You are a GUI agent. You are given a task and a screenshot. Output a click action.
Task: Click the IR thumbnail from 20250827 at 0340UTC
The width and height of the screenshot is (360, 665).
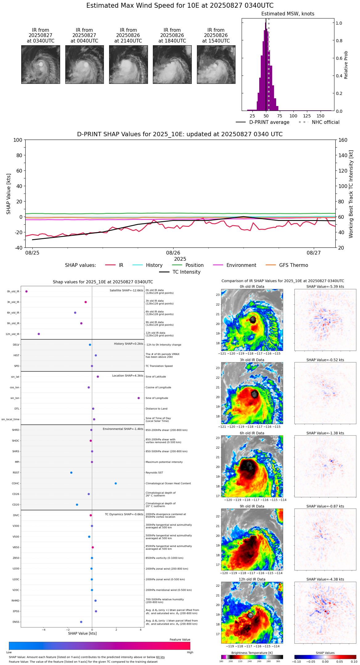[x=40, y=64]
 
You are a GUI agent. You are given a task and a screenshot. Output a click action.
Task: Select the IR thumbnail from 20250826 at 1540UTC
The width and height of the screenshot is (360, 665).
[x=216, y=64]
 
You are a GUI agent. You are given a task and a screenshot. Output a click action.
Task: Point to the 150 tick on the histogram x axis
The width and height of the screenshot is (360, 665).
[x=321, y=116]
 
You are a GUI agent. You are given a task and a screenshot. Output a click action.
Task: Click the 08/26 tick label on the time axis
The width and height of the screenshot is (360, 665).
[x=173, y=253]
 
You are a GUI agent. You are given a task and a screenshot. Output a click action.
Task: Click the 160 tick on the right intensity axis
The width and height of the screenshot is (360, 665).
[x=343, y=140]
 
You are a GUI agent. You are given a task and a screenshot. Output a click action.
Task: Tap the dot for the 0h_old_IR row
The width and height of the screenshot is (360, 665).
[x=27, y=292]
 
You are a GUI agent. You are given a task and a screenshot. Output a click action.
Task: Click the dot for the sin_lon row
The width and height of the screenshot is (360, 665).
[x=139, y=398]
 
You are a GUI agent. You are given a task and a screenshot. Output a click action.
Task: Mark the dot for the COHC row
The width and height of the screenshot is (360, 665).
[x=116, y=483]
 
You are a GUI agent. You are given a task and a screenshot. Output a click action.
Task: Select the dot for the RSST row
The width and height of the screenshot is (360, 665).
[x=71, y=473]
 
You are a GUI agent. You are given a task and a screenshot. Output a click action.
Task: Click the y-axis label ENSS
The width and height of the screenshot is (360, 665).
[x=16, y=622]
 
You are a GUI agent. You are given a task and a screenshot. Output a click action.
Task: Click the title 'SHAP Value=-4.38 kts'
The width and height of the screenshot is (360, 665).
[x=325, y=579]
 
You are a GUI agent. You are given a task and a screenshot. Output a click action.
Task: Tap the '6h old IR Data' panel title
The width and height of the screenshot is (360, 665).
[x=252, y=433]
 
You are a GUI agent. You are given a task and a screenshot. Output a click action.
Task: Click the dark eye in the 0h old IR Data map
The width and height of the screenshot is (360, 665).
[x=253, y=320]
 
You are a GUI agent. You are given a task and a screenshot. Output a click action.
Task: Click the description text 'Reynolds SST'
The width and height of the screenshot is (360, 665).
[x=154, y=473]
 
